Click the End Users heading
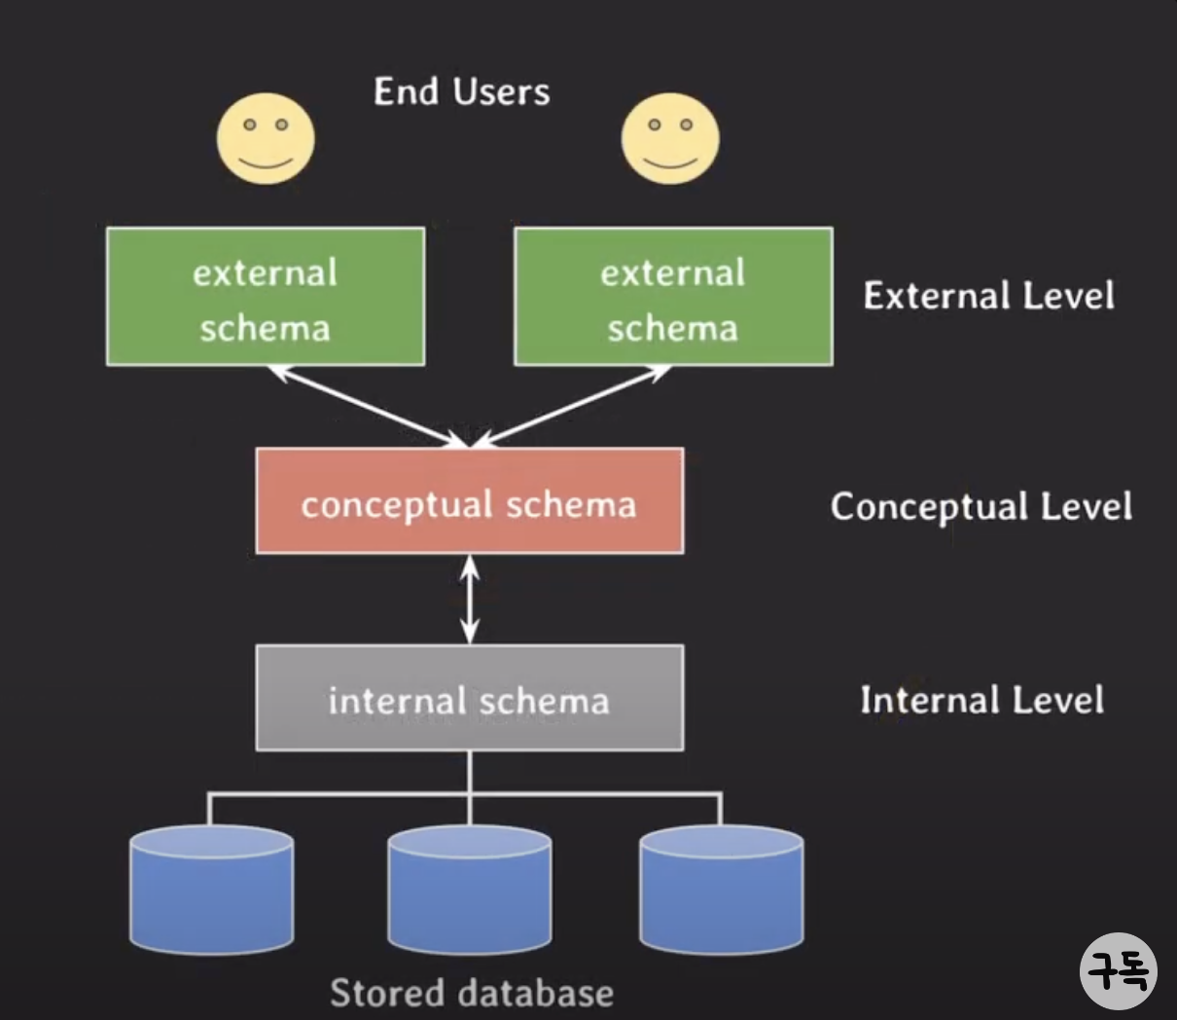tap(461, 91)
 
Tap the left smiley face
tap(266, 138)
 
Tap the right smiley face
tap(670, 138)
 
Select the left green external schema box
tap(266, 297)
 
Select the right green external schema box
tap(673, 297)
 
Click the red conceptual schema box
tap(469, 501)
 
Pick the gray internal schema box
tap(469, 698)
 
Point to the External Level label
tap(988, 296)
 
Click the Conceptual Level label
tap(981, 506)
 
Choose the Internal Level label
tap(981, 700)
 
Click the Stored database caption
tap(472, 993)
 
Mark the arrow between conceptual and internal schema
tap(470, 599)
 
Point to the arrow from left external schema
tap(370, 406)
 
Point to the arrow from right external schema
tap(572, 406)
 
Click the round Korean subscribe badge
tap(1118, 970)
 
